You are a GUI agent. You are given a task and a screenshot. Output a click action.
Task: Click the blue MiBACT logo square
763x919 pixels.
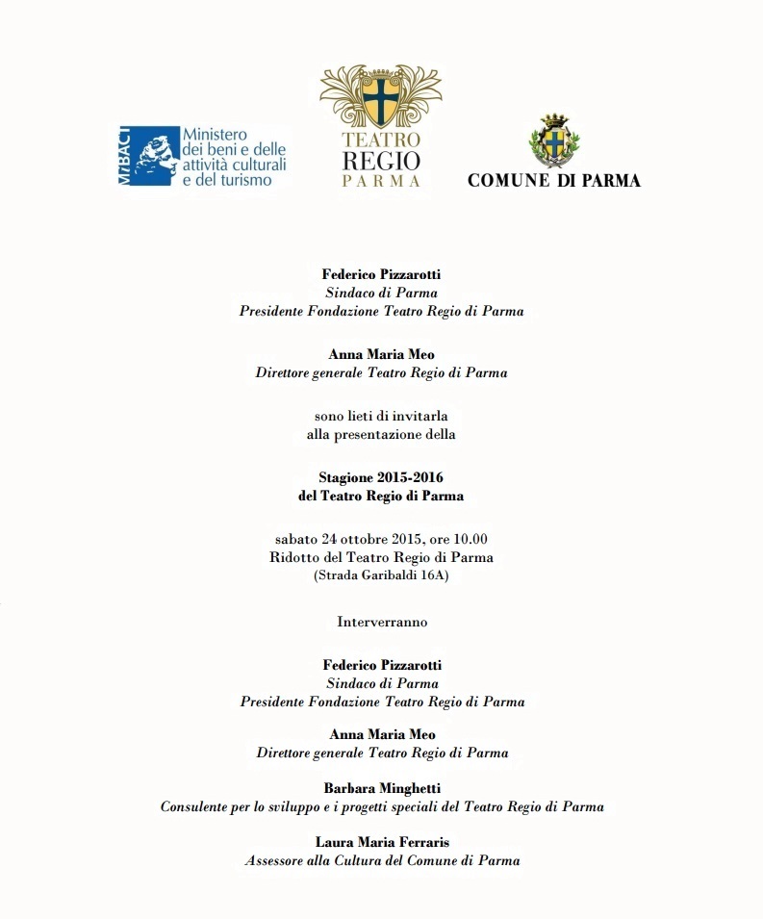pyautogui.click(x=149, y=154)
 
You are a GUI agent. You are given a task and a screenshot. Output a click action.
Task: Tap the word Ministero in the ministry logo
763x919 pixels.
pyautogui.click(x=216, y=135)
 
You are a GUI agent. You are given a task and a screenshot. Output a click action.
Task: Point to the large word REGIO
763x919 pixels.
pyautogui.click(x=381, y=160)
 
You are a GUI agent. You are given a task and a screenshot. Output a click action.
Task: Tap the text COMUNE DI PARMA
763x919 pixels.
pyautogui.click(x=553, y=180)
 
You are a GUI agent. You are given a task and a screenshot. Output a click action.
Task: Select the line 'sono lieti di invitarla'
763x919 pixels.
pyautogui.click(x=381, y=416)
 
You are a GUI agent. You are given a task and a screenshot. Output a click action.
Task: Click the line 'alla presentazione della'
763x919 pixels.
pyautogui.click(x=381, y=434)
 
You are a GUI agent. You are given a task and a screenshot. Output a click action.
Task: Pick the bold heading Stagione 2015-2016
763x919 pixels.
pyautogui.click(x=381, y=477)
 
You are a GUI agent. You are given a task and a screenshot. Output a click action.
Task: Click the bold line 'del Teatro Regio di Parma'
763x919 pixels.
pyautogui.click(x=381, y=496)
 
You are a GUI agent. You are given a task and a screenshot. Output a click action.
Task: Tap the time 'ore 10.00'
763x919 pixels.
pyautogui.click(x=457, y=538)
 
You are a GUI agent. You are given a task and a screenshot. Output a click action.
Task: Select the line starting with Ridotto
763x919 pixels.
pyautogui.click(x=381, y=557)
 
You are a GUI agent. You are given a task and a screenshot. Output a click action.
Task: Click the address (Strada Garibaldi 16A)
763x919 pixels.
pyautogui.click(x=381, y=575)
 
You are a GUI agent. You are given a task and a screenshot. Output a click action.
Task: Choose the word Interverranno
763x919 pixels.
pyautogui.click(x=381, y=622)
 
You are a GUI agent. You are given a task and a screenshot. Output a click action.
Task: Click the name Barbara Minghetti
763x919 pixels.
pyautogui.click(x=381, y=788)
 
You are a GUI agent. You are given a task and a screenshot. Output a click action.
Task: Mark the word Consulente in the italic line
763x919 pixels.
pyautogui.click(x=195, y=806)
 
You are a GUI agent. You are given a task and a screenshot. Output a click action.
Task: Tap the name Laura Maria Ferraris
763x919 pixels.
pyautogui.click(x=381, y=842)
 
